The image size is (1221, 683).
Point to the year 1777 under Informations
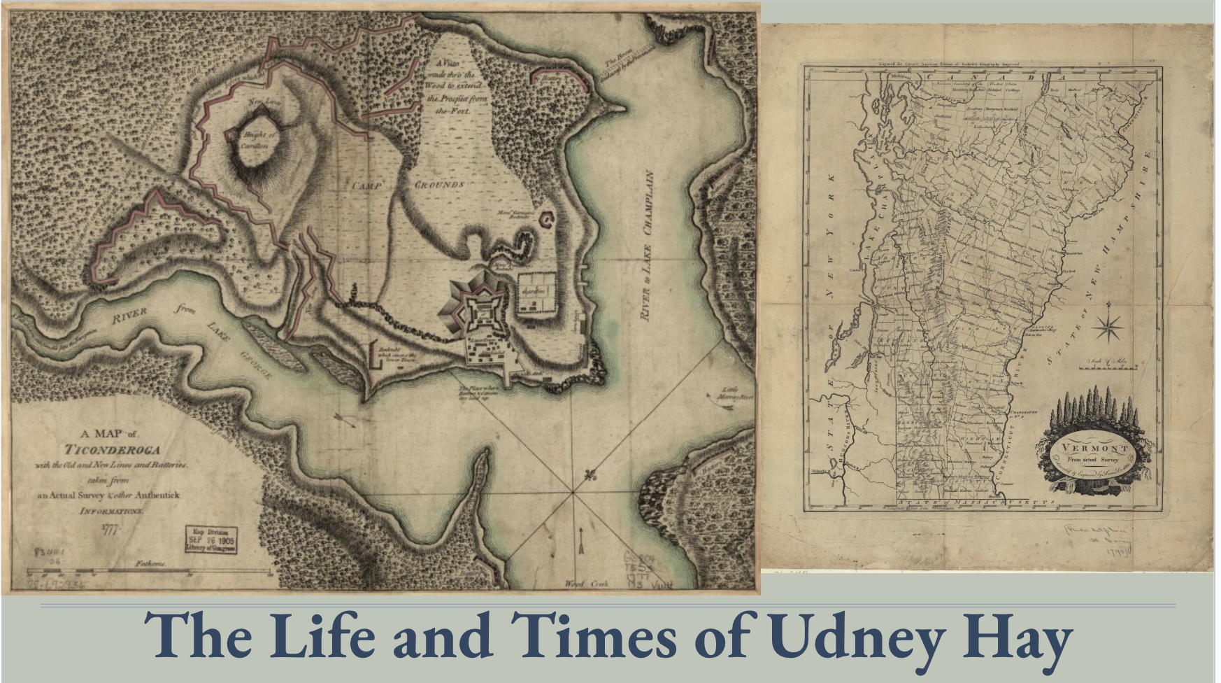tap(112, 529)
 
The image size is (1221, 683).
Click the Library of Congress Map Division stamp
tap(210, 539)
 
